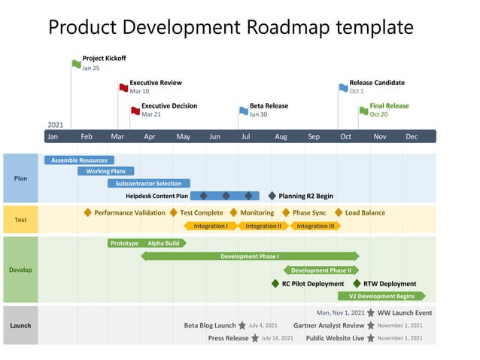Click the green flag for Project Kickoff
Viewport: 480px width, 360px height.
click(77, 64)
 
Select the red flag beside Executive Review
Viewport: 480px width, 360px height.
click(123, 88)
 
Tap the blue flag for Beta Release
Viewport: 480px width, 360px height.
click(244, 111)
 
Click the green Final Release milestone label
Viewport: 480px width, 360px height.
click(389, 106)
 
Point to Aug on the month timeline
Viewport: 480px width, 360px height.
click(281, 136)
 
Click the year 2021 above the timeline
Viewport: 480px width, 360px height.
click(56, 125)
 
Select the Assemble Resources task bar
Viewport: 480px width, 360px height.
click(79, 160)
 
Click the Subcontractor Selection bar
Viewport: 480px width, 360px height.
click(148, 183)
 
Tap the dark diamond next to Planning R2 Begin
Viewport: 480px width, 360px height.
click(272, 196)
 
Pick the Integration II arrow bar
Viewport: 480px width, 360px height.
click(263, 226)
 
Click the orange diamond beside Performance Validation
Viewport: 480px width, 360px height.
click(88, 212)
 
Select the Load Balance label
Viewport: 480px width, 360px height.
click(365, 212)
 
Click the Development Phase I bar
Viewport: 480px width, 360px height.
click(250, 256)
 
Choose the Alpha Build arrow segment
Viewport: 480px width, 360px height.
click(164, 243)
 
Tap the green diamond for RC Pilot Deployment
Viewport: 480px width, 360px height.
click(275, 284)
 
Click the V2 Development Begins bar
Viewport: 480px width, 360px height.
click(381, 296)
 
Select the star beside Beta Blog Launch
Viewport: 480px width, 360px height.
click(242, 326)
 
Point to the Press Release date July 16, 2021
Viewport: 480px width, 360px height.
click(277, 338)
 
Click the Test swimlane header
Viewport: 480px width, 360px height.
click(20, 220)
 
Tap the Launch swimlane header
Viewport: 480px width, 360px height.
click(20, 325)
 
